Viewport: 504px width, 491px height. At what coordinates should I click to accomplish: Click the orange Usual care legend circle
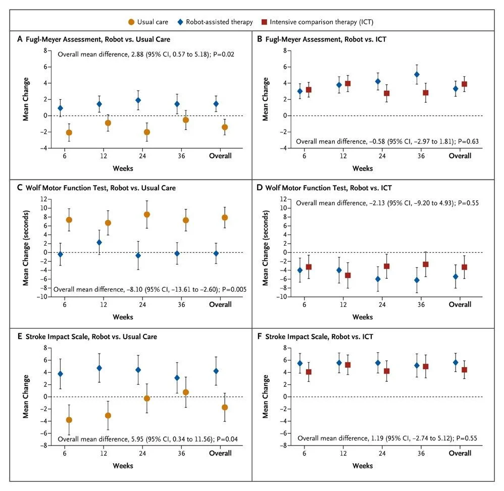[132, 22]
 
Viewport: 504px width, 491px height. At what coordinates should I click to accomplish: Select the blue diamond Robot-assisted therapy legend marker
[180, 22]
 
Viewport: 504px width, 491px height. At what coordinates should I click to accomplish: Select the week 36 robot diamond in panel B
[417, 74]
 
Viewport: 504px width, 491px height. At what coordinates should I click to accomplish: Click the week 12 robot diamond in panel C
[99, 243]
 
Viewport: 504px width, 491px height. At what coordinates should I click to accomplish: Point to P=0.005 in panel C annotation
[223, 289]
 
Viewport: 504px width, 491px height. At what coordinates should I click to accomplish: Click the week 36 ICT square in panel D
[426, 264]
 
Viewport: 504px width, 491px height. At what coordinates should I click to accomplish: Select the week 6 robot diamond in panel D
[300, 270]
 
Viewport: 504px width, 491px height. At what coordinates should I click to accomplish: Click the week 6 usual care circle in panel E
[69, 420]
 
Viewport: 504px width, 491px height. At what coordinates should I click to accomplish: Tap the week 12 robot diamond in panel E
[99, 368]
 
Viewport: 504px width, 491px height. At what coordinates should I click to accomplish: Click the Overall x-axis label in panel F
[460, 453]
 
